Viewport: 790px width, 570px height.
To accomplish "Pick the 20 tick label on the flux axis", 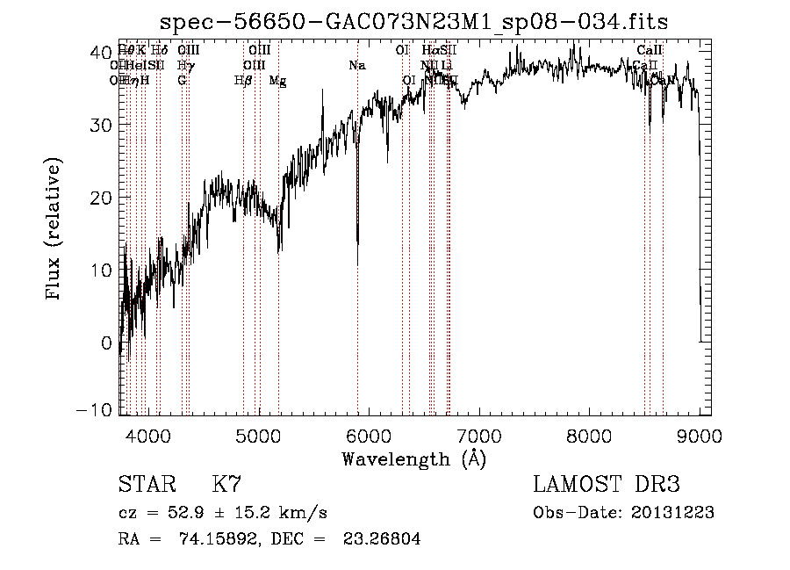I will click(102, 197).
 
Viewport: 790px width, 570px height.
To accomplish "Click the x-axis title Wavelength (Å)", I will click(413, 458).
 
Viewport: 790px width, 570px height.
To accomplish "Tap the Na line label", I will click(356, 66).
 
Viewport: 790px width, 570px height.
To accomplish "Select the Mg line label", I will click(277, 81).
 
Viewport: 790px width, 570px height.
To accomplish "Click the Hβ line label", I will click(243, 81).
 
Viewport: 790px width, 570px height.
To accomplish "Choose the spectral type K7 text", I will click(226, 485).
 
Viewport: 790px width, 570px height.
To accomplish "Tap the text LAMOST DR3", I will click(607, 485).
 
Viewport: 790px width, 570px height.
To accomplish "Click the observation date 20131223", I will click(676, 513).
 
